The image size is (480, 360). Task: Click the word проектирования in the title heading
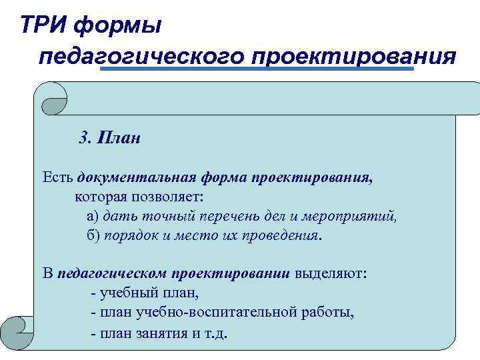click(x=352, y=56)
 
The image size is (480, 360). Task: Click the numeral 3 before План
click(x=83, y=138)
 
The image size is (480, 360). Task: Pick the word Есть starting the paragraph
click(x=57, y=179)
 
